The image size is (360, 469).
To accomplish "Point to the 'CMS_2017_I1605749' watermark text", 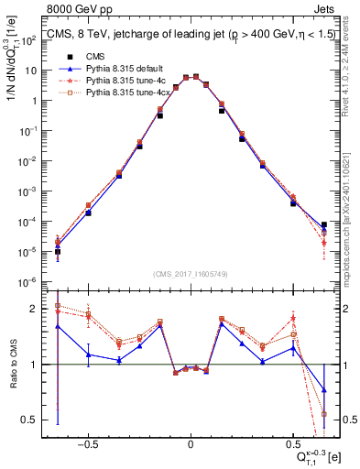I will coord(191,274).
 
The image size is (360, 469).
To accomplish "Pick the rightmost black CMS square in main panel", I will coord(324,224).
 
